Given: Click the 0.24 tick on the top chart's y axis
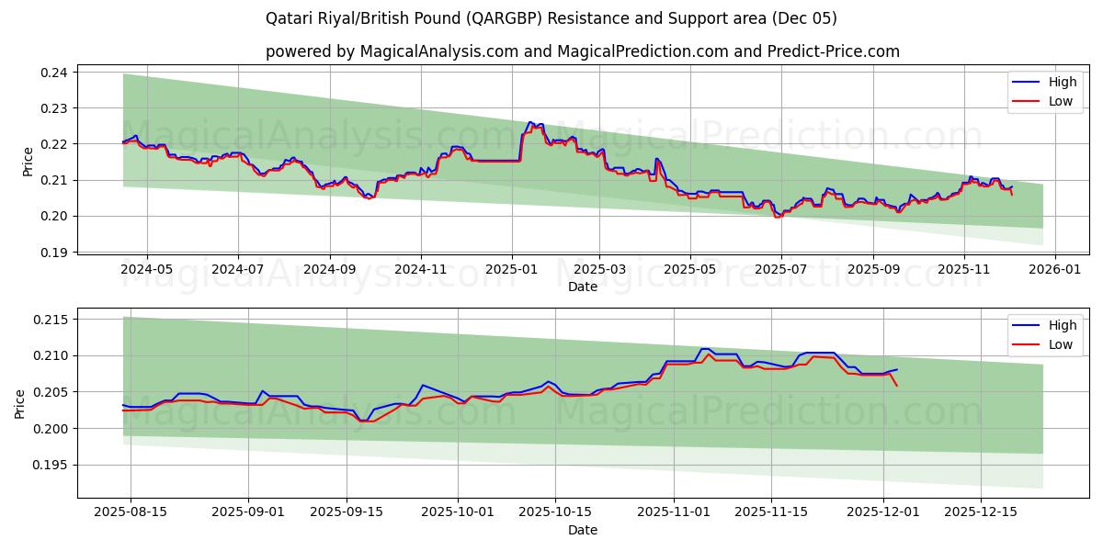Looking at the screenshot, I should [57, 73].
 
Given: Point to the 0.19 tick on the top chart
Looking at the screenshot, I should [57, 253].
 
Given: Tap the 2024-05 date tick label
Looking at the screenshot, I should [147, 269].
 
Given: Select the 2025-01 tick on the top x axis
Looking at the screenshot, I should [511, 269].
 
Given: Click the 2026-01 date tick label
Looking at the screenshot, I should [1054, 269].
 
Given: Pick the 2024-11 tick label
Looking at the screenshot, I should [421, 269].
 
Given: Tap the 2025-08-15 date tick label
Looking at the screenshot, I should [131, 512].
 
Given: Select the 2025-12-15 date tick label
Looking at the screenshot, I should [984, 512].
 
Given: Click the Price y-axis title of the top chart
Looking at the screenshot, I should [28, 162].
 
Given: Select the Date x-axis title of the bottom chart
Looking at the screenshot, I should [583, 530].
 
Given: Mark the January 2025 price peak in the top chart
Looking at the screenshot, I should [529, 122].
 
